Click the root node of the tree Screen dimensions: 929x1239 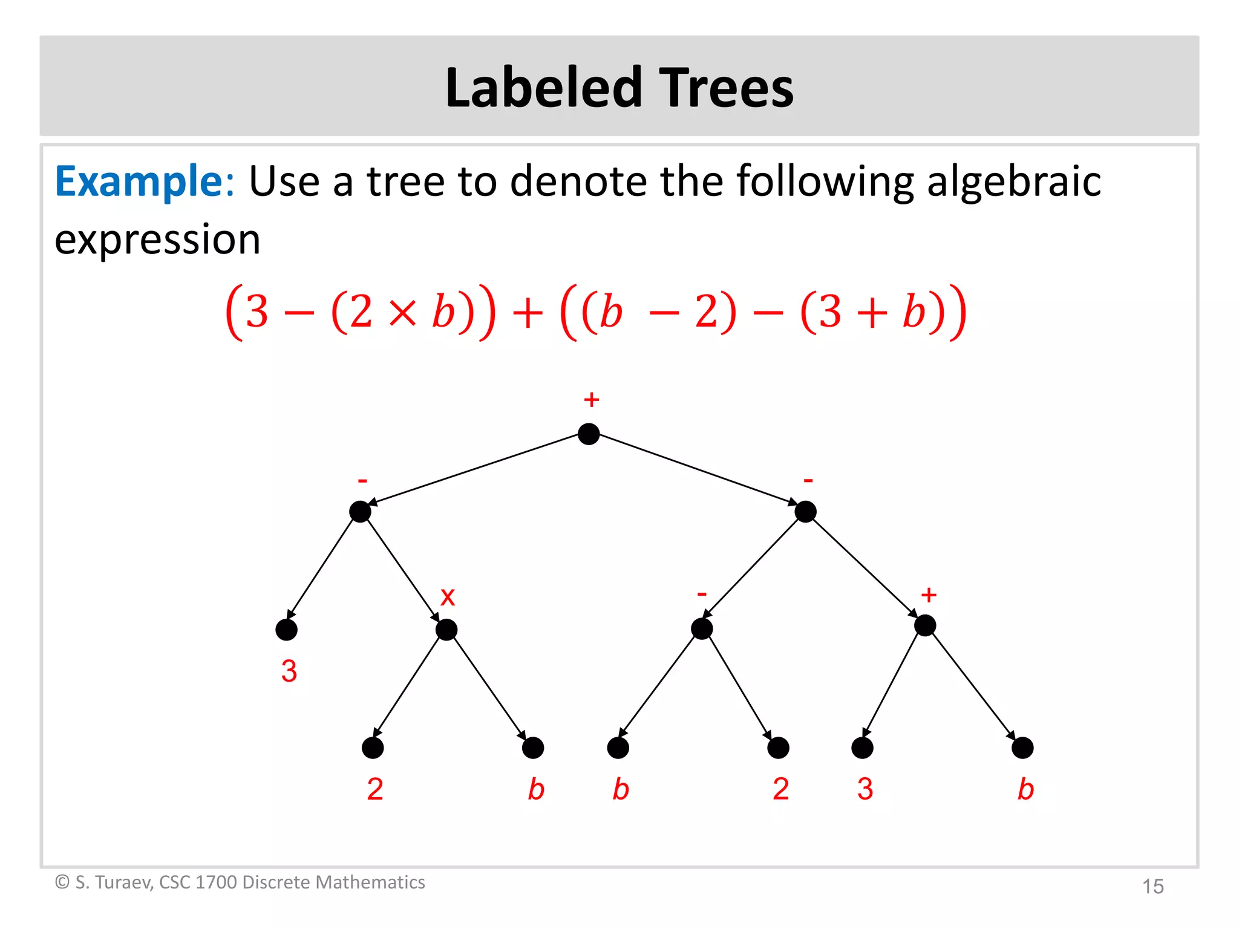point(589,434)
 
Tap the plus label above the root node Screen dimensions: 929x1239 point(591,400)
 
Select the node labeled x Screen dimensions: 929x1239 point(446,630)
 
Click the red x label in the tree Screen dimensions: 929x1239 point(447,597)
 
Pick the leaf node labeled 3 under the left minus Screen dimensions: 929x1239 point(286,630)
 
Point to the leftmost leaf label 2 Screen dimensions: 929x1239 point(375,789)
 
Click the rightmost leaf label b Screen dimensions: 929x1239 point(1025,789)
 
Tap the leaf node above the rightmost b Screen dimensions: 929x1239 point(1022,748)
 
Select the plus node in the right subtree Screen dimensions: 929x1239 point(925,625)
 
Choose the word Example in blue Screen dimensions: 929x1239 point(139,181)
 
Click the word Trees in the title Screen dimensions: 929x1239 point(725,88)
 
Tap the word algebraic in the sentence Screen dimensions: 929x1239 point(1013,181)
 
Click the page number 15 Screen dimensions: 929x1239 point(1152,887)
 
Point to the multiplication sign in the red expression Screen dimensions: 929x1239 point(402,313)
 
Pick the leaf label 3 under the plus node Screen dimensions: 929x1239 point(865,789)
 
